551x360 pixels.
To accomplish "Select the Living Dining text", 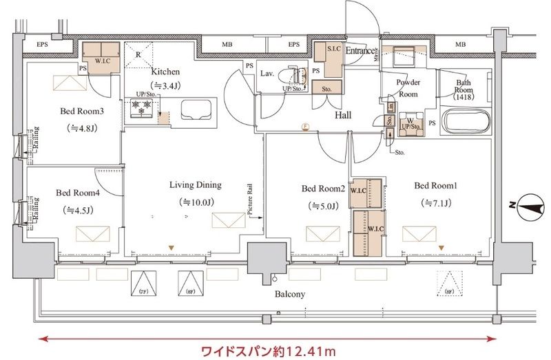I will pos(196,184).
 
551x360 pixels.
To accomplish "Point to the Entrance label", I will pos(360,51).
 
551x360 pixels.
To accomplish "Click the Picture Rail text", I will pos(251,200).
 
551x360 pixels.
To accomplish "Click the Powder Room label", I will pos(408,88).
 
